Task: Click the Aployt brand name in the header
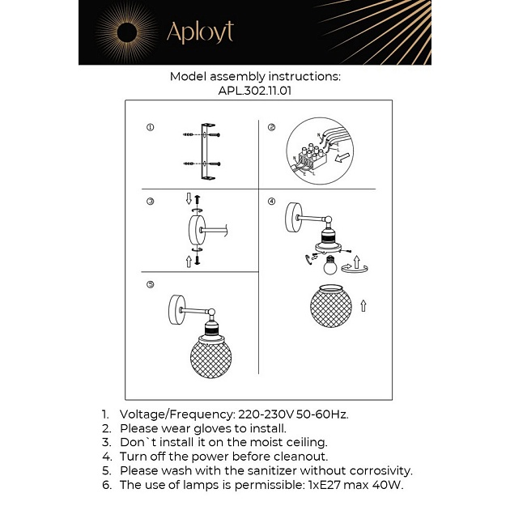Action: pos(200,32)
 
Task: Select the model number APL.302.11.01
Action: pos(255,91)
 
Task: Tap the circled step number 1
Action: pos(150,128)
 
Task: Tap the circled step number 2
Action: pos(271,128)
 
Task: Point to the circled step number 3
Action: pos(150,202)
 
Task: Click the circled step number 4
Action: pos(271,202)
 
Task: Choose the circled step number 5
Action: pos(150,284)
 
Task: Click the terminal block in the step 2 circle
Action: pos(308,156)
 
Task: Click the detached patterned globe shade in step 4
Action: pos(330,306)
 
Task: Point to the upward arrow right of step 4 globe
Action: pos(363,306)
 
